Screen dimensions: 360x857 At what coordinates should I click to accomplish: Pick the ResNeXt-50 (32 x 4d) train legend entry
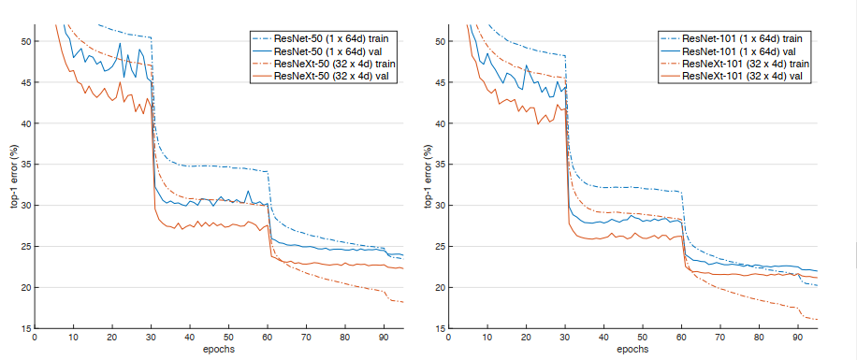pos(330,63)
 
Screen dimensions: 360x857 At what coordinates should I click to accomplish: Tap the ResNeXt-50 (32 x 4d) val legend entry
pos(327,75)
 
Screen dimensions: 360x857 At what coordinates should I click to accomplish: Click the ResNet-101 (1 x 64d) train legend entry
pos(738,38)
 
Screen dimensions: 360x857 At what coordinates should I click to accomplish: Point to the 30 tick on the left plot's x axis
pos(152,338)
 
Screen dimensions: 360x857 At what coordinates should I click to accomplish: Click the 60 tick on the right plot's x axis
pos(681,338)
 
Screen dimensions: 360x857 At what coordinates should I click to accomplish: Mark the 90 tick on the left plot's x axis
pos(384,338)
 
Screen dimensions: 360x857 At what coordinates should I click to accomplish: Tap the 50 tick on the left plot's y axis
pos(26,42)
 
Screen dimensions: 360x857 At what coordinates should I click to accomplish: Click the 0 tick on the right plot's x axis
pos(449,338)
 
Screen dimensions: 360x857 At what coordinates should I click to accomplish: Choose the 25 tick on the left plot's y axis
pos(26,247)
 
